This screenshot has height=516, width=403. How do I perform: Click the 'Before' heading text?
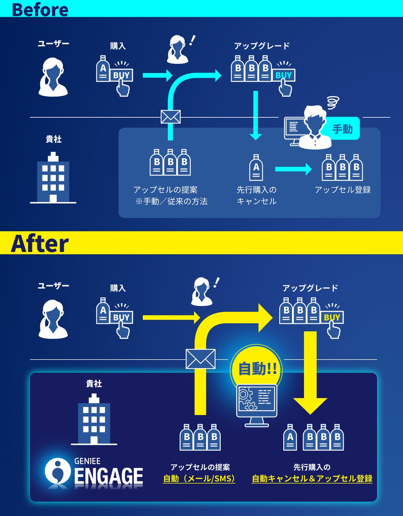pyautogui.click(x=40, y=9)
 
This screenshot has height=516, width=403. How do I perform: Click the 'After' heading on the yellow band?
pyautogui.click(x=40, y=243)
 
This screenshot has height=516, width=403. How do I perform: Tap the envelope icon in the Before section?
pyautogui.click(x=171, y=117)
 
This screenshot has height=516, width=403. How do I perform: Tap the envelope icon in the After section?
pyautogui.click(x=200, y=359)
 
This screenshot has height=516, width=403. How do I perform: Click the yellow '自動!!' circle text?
pyautogui.click(x=257, y=369)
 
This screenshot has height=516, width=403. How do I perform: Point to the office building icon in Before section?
pyautogui.click(x=53, y=178)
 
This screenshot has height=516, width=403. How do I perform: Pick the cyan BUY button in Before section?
pyautogui.click(x=283, y=75)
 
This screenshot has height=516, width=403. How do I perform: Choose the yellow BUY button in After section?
pyautogui.click(x=332, y=317)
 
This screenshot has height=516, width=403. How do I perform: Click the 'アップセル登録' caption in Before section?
pyautogui.click(x=343, y=190)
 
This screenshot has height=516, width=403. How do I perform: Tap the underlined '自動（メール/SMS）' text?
pyautogui.click(x=199, y=479)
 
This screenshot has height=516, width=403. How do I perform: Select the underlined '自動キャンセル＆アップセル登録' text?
pyautogui.click(x=312, y=479)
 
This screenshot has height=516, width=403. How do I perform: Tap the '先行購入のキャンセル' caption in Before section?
pyautogui.click(x=257, y=195)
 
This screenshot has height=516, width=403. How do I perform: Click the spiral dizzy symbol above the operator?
pyautogui.click(x=333, y=102)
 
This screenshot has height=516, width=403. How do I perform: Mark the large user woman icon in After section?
pyautogui.click(x=53, y=320)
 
